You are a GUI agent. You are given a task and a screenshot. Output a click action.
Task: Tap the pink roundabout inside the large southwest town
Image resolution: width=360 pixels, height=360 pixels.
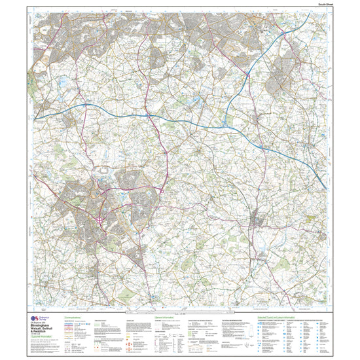click(x=98, y=220)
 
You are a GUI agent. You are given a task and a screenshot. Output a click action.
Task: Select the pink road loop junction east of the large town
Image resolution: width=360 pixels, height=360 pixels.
click(x=161, y=190)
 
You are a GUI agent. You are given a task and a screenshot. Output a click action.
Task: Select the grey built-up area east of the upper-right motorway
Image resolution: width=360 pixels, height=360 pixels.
click(x=294, y=72)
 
